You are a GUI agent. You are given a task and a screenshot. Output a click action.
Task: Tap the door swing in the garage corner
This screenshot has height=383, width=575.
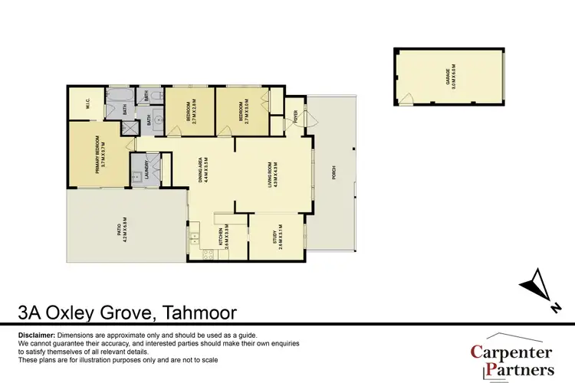tap(407, 99)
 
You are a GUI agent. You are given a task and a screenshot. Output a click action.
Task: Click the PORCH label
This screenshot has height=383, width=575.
tap(333, 173)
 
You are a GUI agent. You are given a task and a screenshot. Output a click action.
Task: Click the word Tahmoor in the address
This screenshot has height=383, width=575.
tap(197, 313)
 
